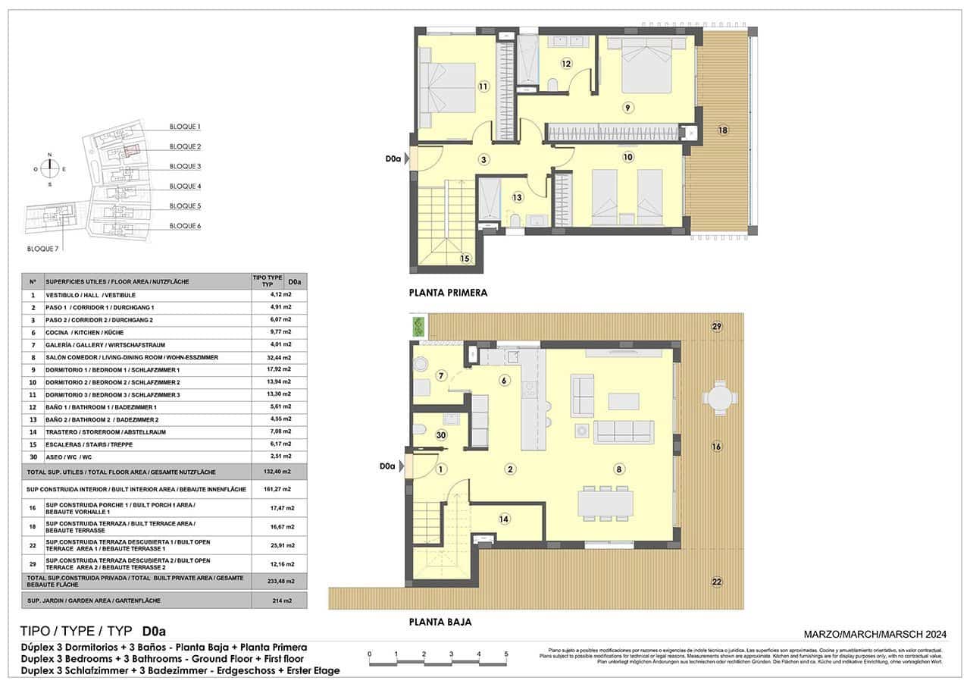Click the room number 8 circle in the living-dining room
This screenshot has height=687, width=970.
coord(620,469)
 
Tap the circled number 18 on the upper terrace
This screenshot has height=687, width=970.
coord(723,130)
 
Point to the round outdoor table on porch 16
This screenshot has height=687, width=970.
coord(718,397)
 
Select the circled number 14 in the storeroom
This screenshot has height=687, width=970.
coord(505,519)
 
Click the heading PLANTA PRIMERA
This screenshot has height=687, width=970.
coord(448,292)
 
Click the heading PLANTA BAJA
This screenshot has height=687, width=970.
coord(440,622)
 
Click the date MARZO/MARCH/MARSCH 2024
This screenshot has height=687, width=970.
coord(875,635)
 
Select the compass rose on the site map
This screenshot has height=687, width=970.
coord(50,169)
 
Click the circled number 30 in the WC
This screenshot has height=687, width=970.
coord(441,435)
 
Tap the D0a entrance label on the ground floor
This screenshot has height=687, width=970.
coord(390,467)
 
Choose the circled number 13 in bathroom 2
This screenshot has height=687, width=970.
coord(518,198)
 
